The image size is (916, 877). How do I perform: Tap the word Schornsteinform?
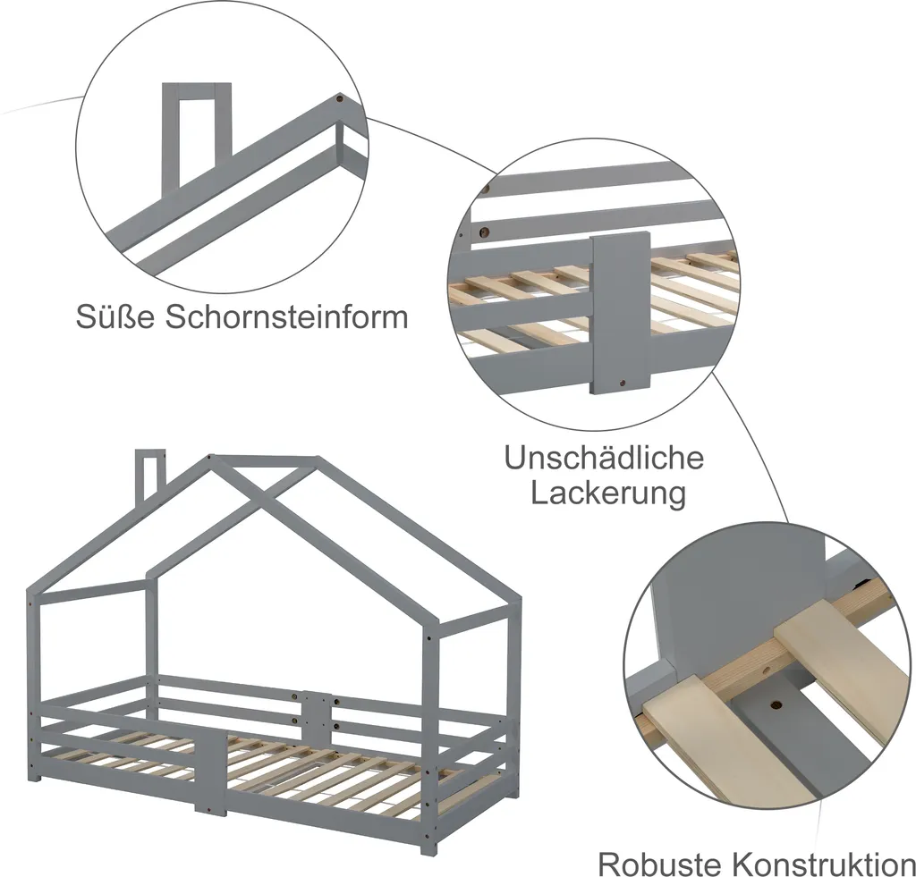285,317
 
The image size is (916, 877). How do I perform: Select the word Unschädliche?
604,459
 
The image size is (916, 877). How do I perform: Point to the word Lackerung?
608,493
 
